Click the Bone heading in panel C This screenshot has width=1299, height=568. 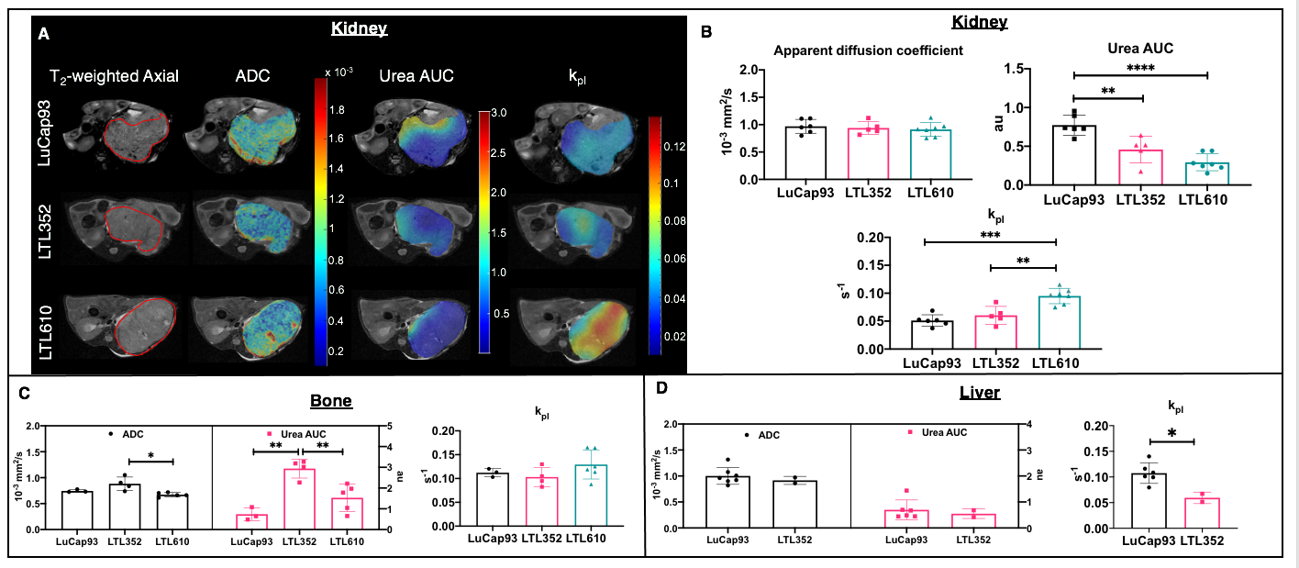click(x=329, y=401)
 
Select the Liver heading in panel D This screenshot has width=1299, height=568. click(x=973, y=393)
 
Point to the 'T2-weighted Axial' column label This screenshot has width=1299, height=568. click(x=116, y=77)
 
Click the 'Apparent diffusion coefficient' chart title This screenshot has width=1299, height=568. click(x=868, y=50)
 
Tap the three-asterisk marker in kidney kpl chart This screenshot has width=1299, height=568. click(x=991, y=235)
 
